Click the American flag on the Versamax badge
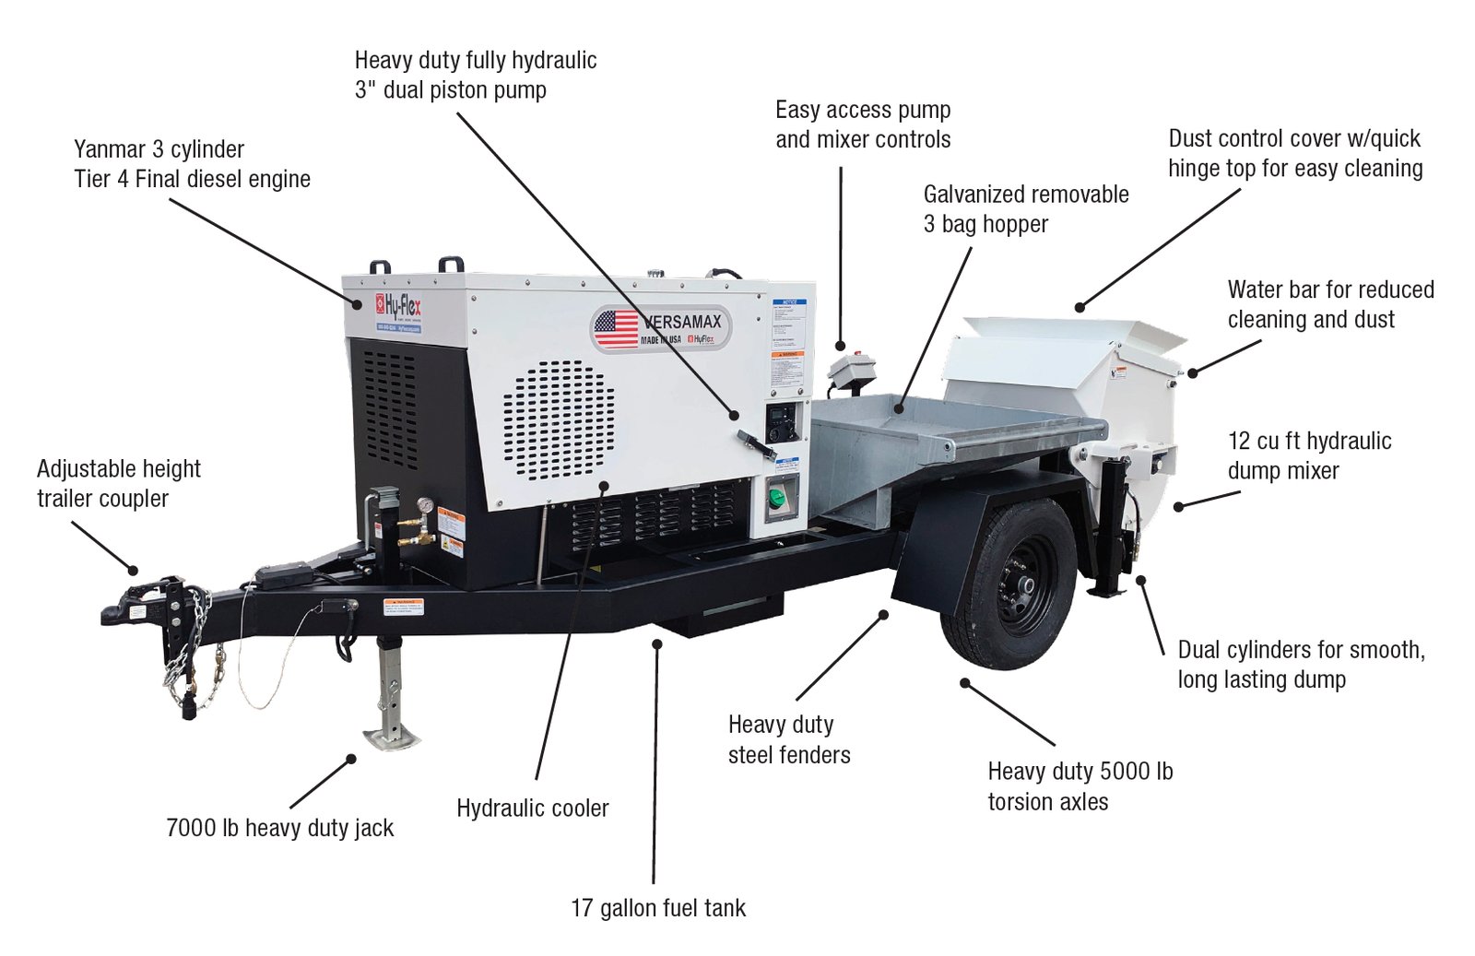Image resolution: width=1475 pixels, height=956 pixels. click(616, 328)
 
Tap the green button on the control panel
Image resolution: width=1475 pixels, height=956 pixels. click(778, 498)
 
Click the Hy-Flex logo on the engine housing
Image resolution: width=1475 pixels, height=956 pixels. click(398, 308)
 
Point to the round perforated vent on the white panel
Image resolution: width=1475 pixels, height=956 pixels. click(559, 420)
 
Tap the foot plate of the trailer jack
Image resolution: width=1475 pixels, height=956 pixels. click(391, 737)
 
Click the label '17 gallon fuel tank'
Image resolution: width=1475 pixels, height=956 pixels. click(657, 908)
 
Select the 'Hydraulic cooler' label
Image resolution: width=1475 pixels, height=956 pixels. click(532, 808)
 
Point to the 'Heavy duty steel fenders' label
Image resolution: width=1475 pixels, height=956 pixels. click(788, 739)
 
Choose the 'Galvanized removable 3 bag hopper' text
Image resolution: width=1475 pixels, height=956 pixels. click(1025, 208)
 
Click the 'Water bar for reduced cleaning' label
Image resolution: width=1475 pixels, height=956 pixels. click(1329, 304)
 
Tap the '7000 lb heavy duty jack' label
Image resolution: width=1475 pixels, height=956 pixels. click(279, 828)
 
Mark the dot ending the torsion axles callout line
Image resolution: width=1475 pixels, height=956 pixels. click(964, 683)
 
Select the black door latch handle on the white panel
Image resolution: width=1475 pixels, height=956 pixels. click(755, 443)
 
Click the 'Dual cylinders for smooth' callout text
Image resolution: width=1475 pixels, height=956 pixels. click(1301, 650)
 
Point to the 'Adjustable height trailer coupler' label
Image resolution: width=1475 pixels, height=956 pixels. click(118, 483)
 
